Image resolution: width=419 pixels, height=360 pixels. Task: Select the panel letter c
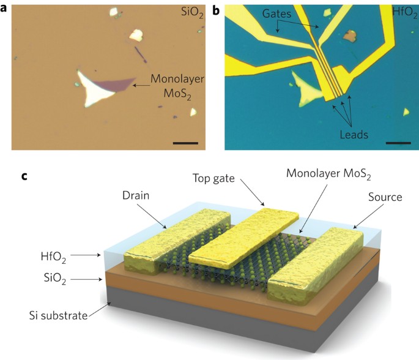click(25, 177)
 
